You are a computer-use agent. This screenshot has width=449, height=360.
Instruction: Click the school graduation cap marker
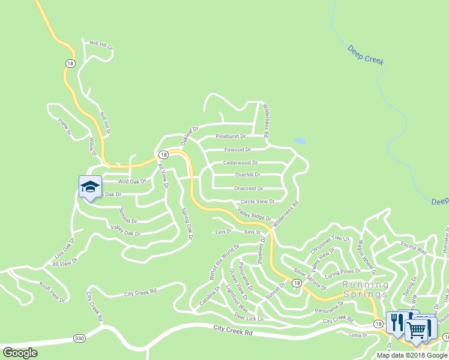[x=90, y=187]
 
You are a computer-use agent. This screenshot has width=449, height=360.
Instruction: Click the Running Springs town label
[x=366, y=289]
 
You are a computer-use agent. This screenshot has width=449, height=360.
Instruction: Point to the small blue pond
[x=300, y=142]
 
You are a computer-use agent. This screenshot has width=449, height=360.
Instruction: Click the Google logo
[x=20, y=353]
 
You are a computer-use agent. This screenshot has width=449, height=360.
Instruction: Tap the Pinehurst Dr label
[x=231, y=137]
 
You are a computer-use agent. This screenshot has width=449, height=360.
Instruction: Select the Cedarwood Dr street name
[x=240, y=163]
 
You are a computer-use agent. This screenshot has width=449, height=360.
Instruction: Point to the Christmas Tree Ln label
[x=329, y=245]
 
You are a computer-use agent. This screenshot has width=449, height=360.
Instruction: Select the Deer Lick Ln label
[x=249, y=317]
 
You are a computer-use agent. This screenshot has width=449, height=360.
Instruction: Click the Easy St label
[x=252, y=232]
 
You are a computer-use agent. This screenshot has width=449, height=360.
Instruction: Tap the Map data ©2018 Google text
[x=412, y=355]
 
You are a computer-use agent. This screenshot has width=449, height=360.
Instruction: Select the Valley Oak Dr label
[x=125, y=230]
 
